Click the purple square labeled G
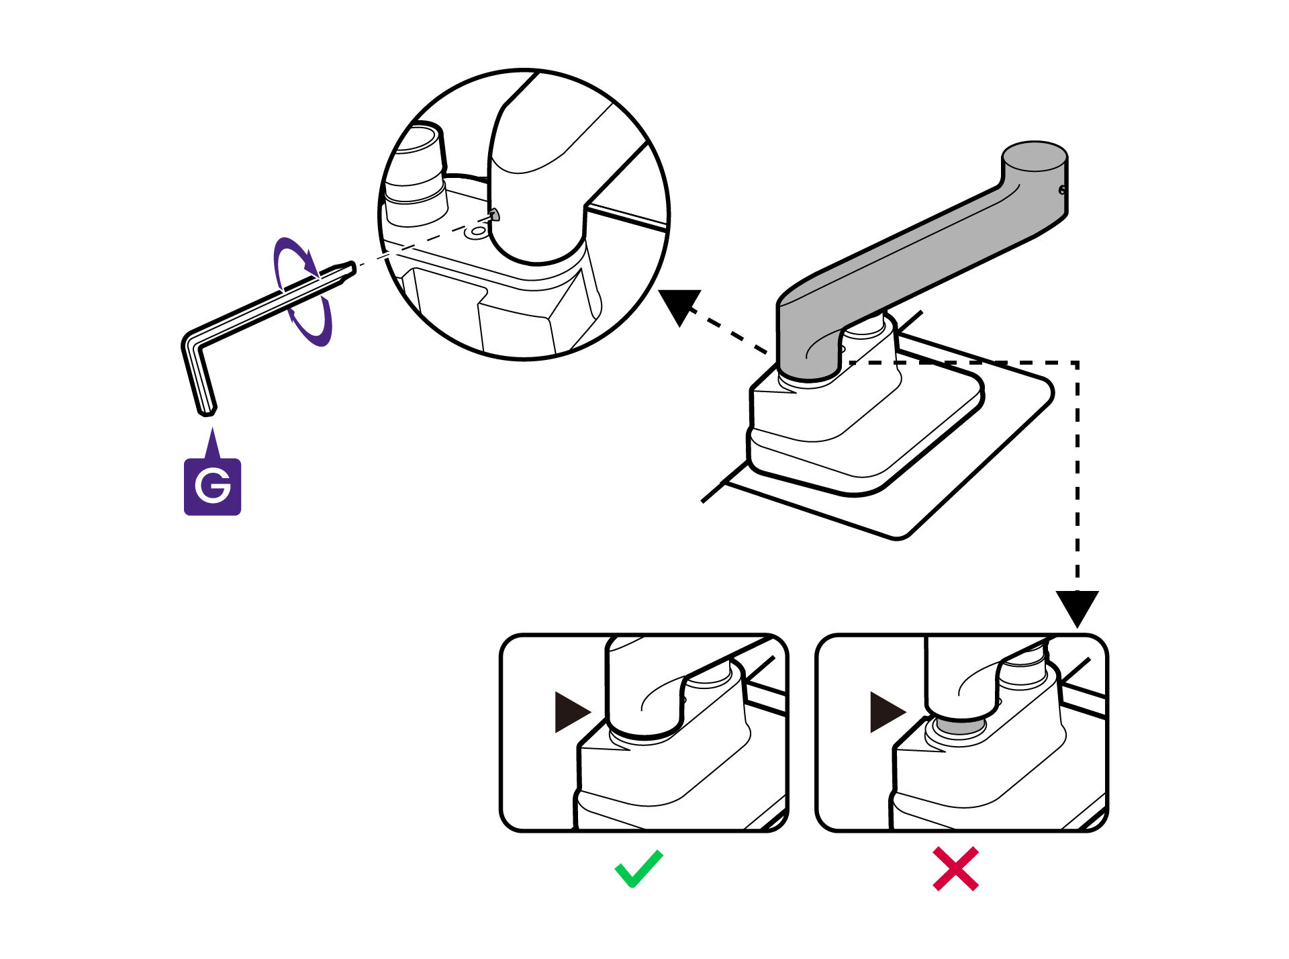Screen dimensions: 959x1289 click(x=212, y=486)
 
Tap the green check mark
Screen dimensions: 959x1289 click(x=638, y=868)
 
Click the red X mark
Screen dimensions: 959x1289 click(x=955, y=869)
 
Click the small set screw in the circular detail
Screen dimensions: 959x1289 click(x=495, y=214)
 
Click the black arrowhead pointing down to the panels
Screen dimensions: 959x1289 click(x=1077, y=606)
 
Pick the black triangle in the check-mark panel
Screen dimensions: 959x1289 click(x=570, y=712)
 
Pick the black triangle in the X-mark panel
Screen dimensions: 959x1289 click(x=886, y=712)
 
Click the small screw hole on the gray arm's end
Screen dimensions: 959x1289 click(x=1062, y=190)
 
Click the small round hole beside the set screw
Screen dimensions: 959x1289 click(x=478, y=232)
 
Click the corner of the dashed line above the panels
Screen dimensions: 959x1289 click(x=1077, y=363)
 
